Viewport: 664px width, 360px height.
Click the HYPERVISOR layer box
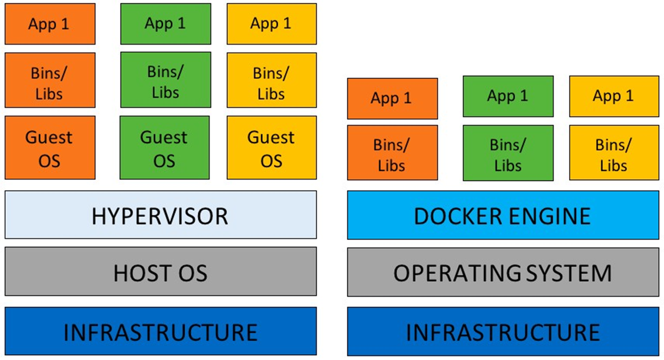tap(161, 215)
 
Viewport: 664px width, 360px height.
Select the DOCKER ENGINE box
tap(502, 215)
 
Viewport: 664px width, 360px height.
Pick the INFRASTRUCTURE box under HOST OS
tap(161, 331)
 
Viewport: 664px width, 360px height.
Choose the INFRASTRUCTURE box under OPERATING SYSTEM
tap(502, 331)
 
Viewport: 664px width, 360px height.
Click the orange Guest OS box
tap(50, 148)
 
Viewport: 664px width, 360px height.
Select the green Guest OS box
tap(165, 148)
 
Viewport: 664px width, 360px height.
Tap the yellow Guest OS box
tap(271, 148)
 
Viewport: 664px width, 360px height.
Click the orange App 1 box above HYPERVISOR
tap(50, 24)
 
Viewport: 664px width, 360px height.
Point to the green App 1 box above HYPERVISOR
tap(165, 24)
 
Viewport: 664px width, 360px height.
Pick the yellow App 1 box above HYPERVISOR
tap(271, 24)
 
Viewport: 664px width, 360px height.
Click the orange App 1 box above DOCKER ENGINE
tap(392, 98)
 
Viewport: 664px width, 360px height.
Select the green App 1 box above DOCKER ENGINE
tap(507, 97)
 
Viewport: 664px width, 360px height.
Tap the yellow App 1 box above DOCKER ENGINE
tap(614, 97)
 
